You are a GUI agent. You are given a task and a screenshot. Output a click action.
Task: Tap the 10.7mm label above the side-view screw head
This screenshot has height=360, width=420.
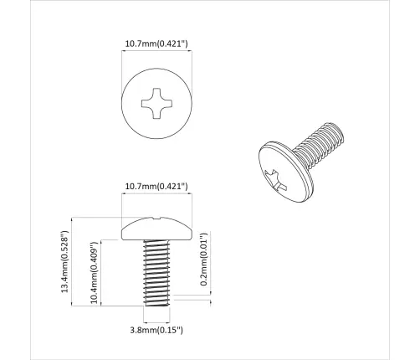156,185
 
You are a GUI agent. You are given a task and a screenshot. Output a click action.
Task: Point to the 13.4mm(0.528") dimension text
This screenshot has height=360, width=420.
64,263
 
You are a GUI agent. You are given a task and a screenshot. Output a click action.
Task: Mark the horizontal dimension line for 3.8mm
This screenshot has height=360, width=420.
156,321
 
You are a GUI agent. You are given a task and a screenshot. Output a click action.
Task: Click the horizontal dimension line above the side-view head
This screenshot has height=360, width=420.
157,195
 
